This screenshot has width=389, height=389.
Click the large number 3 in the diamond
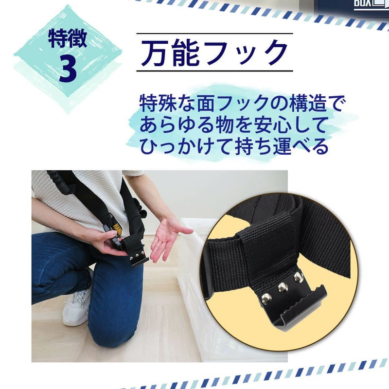point(68,69)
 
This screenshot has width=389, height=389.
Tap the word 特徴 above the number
point(68,38)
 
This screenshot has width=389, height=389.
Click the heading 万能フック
point(214,53)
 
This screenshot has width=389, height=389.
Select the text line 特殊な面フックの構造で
point(241,103)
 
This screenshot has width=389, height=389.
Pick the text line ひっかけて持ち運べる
point(234,146)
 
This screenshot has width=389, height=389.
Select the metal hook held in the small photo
point(139,258)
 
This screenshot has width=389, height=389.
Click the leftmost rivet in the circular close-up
point(266,297)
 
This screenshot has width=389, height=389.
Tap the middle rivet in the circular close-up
point(283,287)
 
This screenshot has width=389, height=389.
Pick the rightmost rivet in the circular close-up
point(299,277)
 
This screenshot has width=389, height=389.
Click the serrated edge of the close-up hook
point(300,300)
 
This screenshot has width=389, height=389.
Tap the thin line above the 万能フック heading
point(214,34)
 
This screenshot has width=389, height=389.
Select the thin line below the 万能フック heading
point(214,71)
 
